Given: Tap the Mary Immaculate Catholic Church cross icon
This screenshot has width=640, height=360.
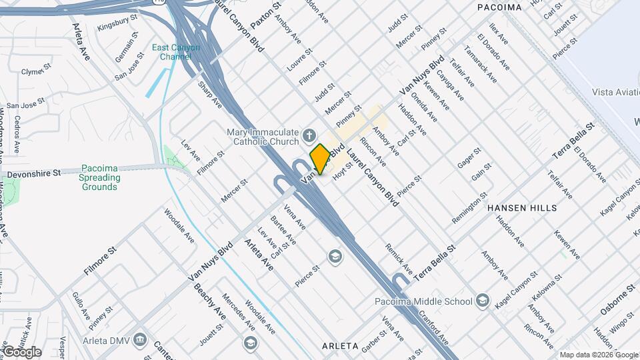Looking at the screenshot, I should (308, 136).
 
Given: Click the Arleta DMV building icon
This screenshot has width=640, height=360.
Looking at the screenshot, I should (140, 338).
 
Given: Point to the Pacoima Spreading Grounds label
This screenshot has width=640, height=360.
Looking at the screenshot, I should (101, 177).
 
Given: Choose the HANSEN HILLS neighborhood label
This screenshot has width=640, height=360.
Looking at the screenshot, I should (522, 208).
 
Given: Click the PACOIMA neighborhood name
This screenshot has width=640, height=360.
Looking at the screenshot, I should (499, 7).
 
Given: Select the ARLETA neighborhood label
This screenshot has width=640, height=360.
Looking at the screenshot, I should (340, 347).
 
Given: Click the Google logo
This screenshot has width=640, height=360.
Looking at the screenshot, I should (22, 351).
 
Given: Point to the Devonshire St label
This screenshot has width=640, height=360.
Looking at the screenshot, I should (34, 173).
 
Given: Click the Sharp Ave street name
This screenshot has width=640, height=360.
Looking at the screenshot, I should (209, 94).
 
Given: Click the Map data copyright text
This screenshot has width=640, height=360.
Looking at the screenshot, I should (598, 355).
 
